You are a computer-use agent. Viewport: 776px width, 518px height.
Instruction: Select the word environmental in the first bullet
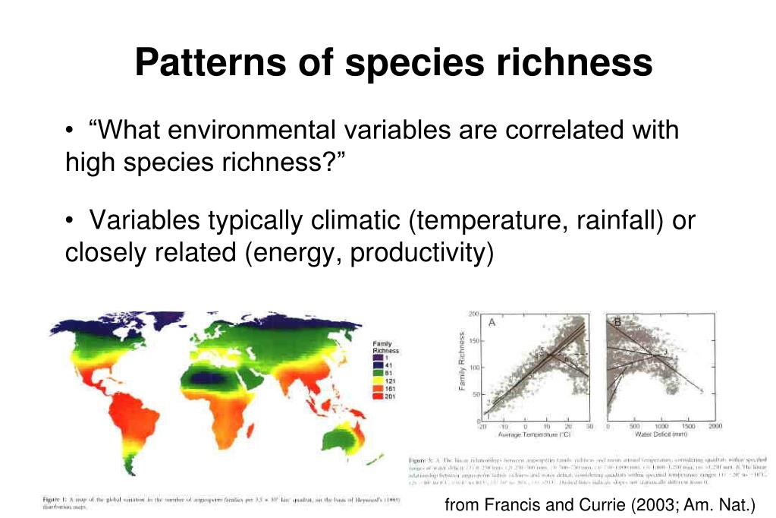point(243,130)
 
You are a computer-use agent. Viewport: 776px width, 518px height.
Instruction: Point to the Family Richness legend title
point(385,348)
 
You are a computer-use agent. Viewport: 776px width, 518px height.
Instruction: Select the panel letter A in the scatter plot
point(492,322)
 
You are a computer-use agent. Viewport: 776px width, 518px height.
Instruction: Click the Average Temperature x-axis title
point(536,435)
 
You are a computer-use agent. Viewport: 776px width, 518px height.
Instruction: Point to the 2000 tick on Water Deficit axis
point(715,427)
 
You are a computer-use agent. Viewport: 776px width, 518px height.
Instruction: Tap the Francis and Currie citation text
point(599,504)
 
